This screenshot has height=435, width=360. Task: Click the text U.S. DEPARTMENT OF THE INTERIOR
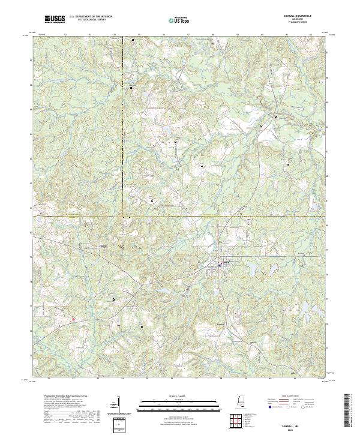(91, 17)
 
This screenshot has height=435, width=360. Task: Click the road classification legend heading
(300, 397)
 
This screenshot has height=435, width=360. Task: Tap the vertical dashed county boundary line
(122, 120)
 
